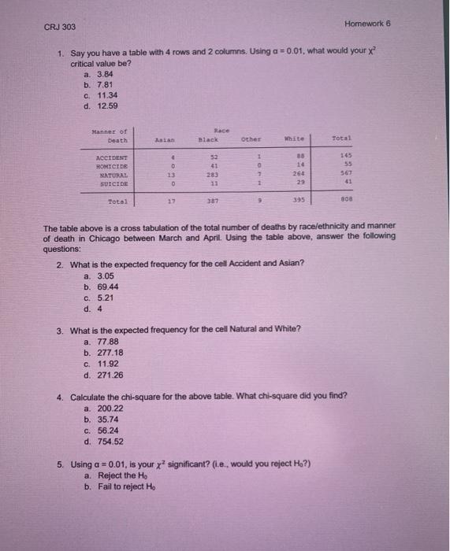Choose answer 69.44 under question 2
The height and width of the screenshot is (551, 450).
(106, 287)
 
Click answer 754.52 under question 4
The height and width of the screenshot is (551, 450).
(110, 442)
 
